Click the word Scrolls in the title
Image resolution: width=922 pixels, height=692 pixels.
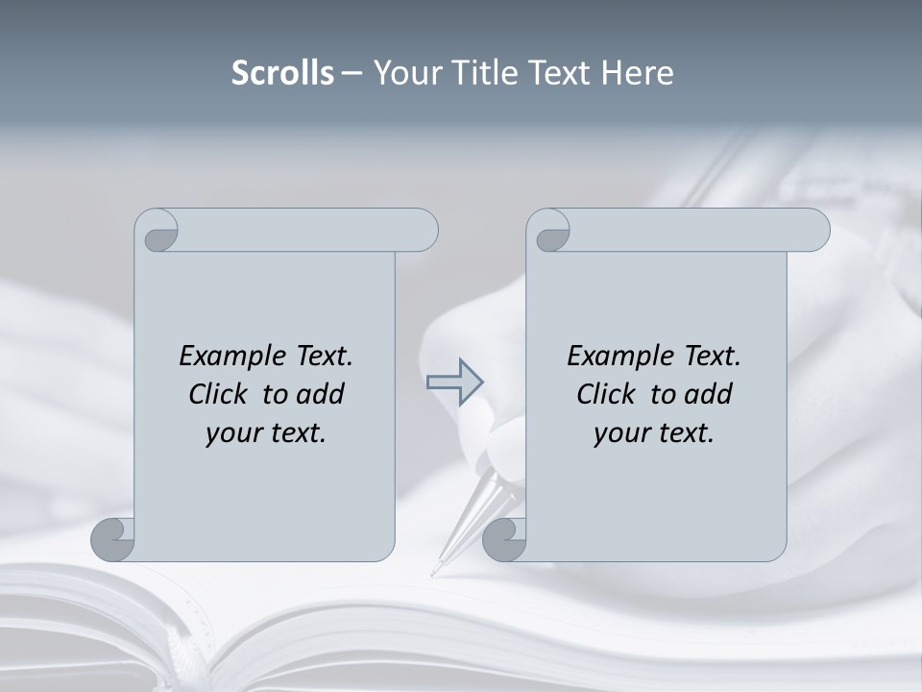point(282,73)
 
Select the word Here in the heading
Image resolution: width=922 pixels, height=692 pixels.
point(637,73)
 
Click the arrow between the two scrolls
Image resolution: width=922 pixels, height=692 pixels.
point(454,383)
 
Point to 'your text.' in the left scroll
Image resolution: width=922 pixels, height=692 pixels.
point(266,432)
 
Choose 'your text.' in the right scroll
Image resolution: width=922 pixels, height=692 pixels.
point(654,432)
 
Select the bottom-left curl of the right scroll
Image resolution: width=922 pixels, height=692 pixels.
point(504,539)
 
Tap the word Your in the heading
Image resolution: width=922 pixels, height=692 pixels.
point(405,73)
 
